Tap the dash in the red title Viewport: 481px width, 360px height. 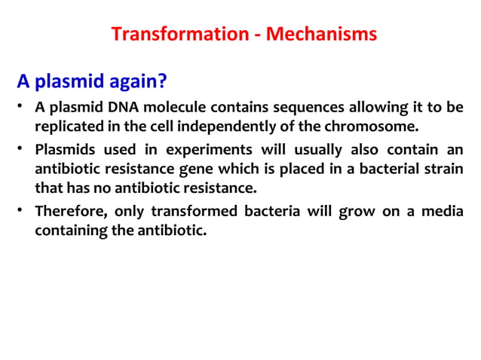243,35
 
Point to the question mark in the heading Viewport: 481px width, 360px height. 161,81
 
